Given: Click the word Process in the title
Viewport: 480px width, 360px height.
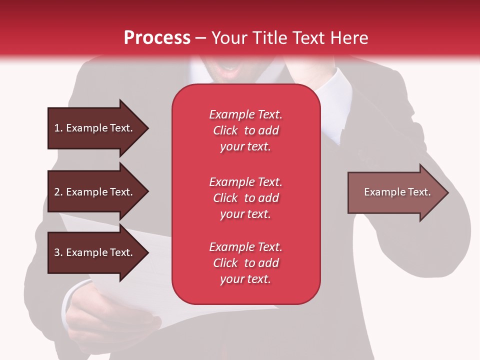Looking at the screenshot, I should tap(157, 37).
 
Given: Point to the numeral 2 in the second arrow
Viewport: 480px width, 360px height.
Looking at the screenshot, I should tap(57, 192).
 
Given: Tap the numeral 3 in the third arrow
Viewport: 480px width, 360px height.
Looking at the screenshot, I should tap(57, 252).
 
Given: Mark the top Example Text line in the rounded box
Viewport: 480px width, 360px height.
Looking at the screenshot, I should tap(245, 114).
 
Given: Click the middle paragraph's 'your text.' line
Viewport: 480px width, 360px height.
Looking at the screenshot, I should tap(245, 214).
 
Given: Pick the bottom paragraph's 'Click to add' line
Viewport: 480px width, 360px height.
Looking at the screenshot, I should tap(245, 263).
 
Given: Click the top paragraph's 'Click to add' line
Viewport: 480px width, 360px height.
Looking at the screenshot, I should tap(245, 130).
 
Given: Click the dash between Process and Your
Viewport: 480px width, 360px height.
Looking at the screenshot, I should tap(201, 38).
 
